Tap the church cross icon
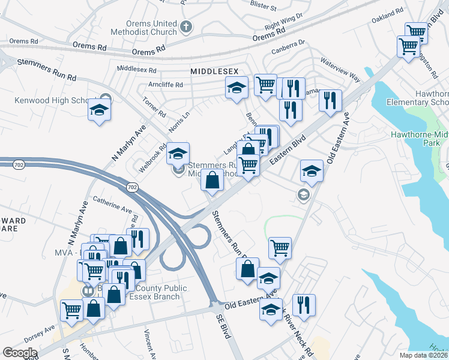click(186, 26)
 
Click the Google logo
click(20, 352)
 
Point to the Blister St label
click(262, 8)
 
